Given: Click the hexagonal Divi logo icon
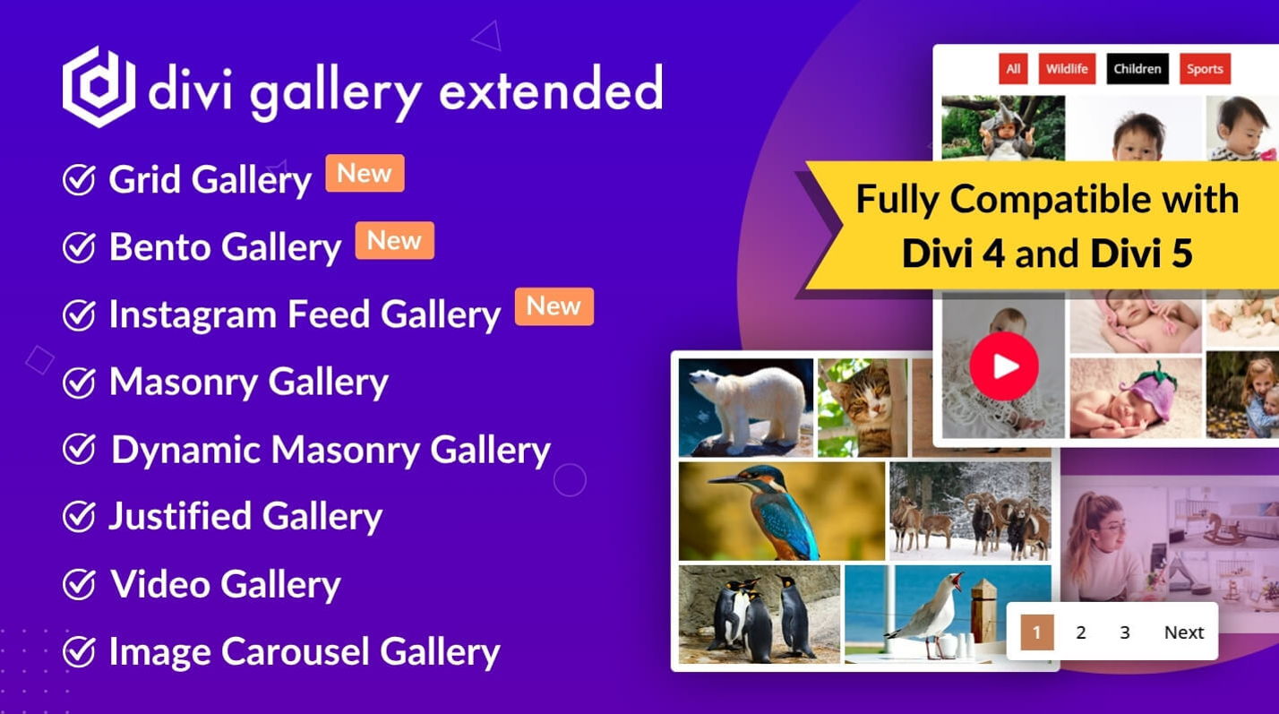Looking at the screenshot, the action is coord(99,87).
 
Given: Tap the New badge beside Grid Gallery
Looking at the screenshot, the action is coord(365,173).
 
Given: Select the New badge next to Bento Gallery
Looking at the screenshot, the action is coord(395,240).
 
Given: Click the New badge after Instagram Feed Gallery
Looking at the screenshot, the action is coord(554,306).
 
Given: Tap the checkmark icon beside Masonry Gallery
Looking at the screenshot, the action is coord(79,383).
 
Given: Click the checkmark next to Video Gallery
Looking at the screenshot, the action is coord(79,584).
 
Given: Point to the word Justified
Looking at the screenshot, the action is coord(180,517).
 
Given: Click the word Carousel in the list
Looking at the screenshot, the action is coord(295,651).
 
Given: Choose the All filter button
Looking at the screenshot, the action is coord(1014,69).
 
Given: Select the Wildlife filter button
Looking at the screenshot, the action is coord(1067,69).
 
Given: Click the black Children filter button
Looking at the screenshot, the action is coord(1137,69).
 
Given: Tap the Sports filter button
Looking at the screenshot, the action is coord(1205,69).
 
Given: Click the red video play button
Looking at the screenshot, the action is coord(1004,366).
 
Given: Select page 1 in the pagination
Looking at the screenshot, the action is coord(1037,632).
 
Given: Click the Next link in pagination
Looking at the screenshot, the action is coord(1184,632).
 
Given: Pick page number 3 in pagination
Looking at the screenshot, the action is coord(1124,632).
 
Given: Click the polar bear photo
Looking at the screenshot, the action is coord(746,408).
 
